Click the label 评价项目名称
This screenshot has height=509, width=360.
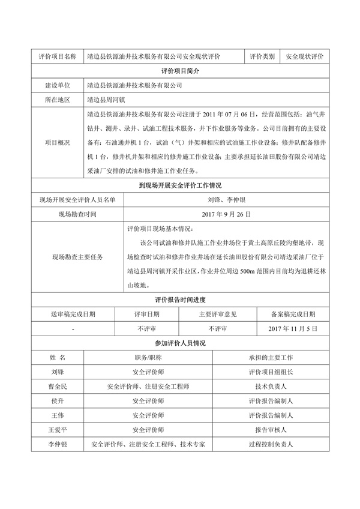pyautogui.click(x=58, y=56)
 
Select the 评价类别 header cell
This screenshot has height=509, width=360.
pyautogui.click(x=262, y=56)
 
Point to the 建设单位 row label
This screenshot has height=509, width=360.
pyautogui.click(x=58, y=86)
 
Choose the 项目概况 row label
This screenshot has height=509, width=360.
pyautogui.click(x=58, y=143)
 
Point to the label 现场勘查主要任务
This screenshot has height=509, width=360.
pyautogui.click(x=77, y=257)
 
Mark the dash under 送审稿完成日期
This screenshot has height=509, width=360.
pyautogui.click(x=73, y=330)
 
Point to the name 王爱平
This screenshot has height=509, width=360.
pyautogui.click(x=58, y=430)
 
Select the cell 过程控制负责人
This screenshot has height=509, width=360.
pyautogui.click(x=270, y=445)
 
